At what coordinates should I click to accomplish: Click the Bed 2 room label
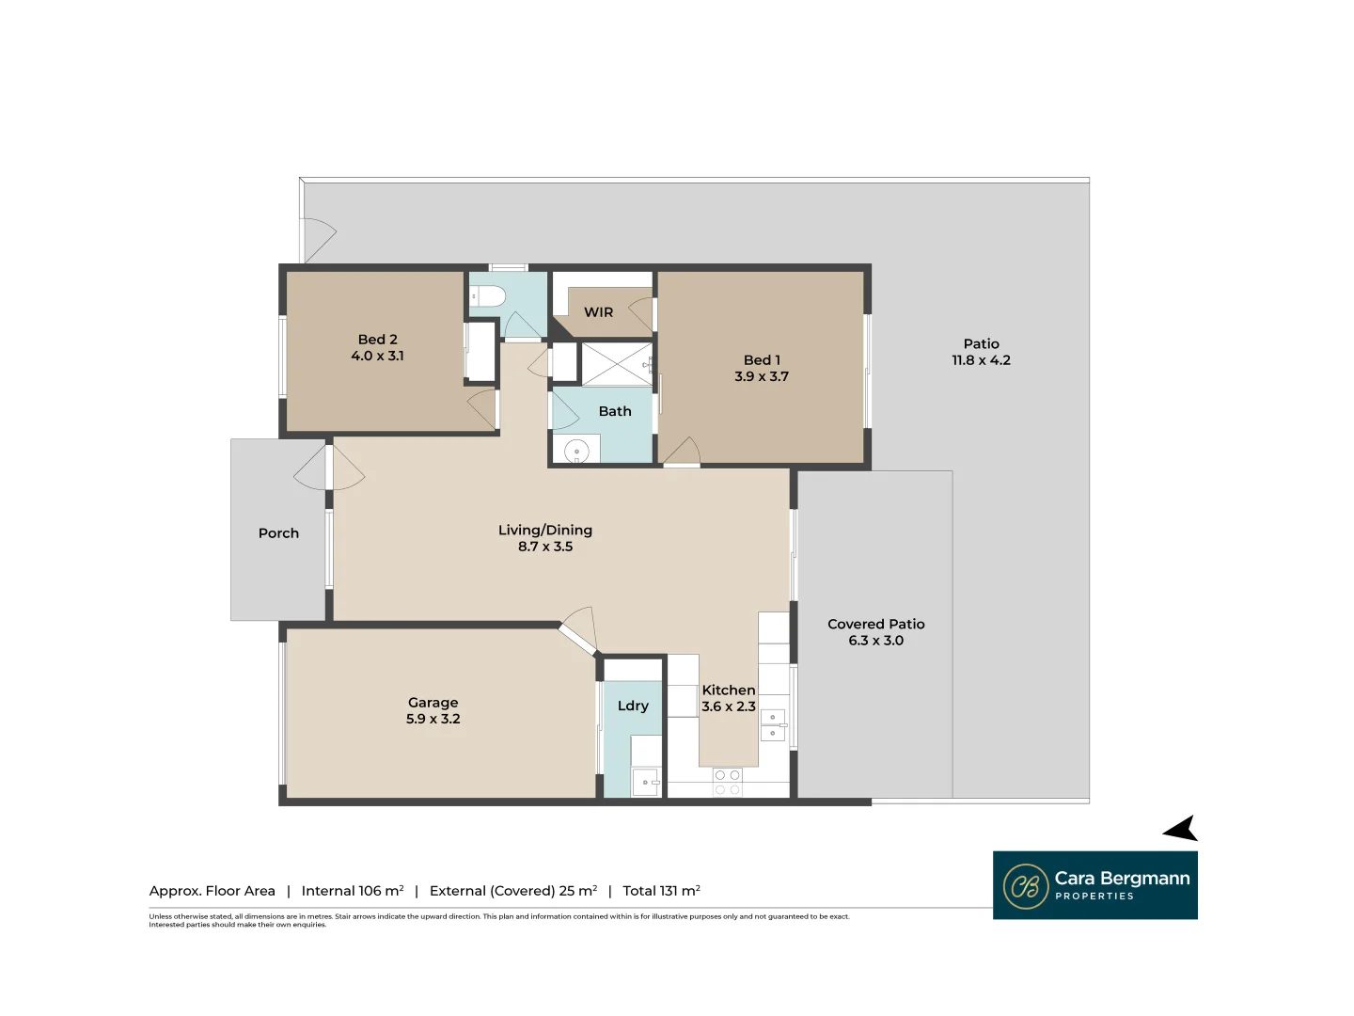pos(377,340)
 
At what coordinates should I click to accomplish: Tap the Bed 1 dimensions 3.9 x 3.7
pos(761,376)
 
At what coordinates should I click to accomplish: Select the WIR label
pos(598,312)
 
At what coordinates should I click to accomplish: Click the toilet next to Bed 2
pos(486,296)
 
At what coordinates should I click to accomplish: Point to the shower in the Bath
pos(617,365)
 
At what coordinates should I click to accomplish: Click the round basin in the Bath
pos(576,452)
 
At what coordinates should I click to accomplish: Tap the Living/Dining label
pos(544,531)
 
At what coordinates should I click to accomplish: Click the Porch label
pos(278,533)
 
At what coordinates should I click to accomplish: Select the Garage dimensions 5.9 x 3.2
pos(433,719)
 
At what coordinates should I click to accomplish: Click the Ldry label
pos(633,706)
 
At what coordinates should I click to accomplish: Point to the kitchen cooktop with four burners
pos(727,782)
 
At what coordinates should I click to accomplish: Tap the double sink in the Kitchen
pos(773,724)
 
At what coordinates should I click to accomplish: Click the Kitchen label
pos(728,691)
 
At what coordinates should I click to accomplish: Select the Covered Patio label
pos(875,625)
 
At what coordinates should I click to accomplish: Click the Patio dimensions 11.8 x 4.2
pos(981,360)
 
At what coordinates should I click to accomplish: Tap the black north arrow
pos(1181,829)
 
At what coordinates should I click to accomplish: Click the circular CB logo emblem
pos(1025,886)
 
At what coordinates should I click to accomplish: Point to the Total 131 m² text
pos(661,891)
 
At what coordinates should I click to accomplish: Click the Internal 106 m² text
pos(353,891)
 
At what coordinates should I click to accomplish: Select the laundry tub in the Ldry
pos(645,782)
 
